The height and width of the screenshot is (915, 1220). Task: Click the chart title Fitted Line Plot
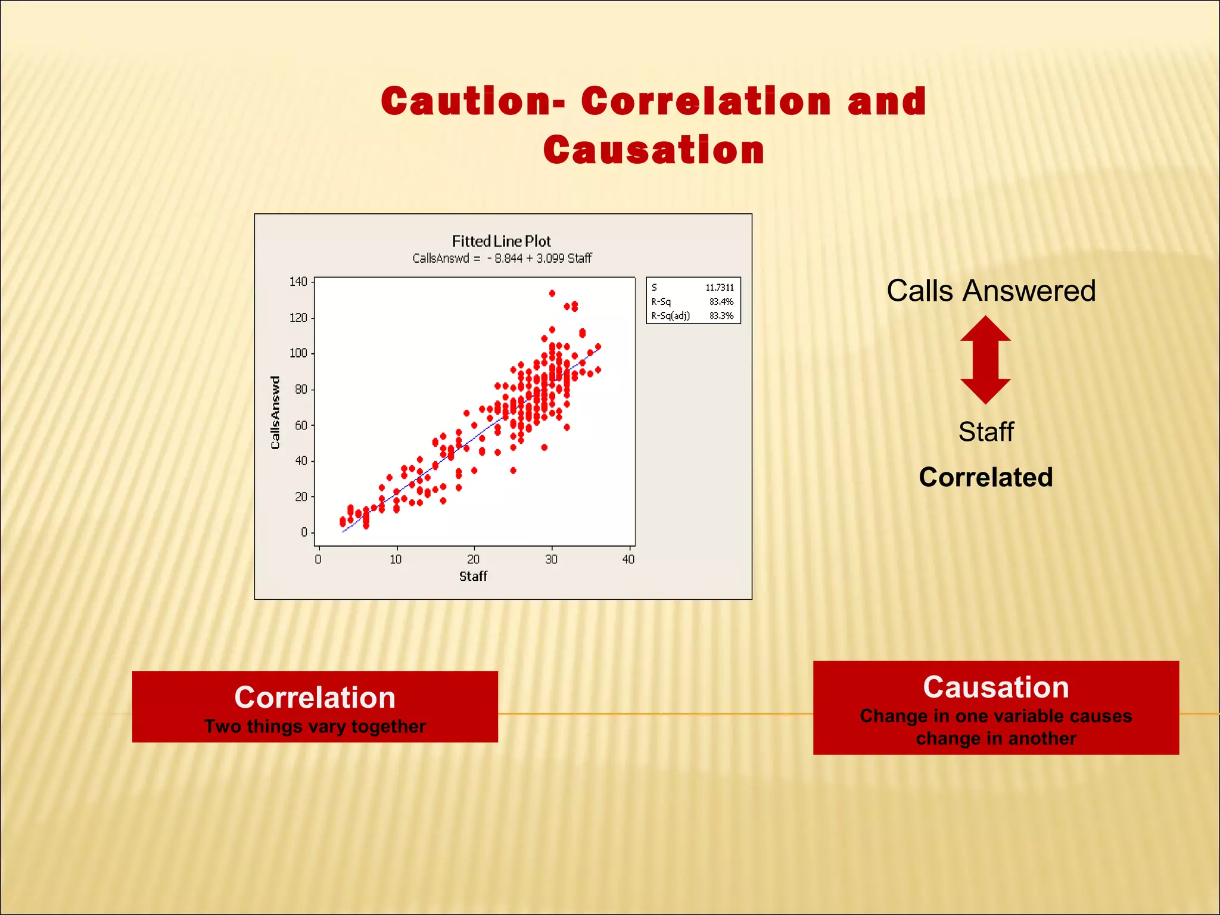pyautogui.click(x=501, y=241)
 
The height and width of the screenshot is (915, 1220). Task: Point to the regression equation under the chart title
pyautogui.click(x=502, y=259)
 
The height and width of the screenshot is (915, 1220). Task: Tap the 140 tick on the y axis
pyautogui.click(x=298, y=282)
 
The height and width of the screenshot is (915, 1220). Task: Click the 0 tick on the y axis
pyautogui.click(x=304, y=532)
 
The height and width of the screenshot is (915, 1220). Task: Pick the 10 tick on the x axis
pyautogui.click(x=396, y=559)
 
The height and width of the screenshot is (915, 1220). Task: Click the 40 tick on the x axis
pyautogui.click(x=628, y=559)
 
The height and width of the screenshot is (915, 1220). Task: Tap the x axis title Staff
pyautogui.click(x=473, y=576)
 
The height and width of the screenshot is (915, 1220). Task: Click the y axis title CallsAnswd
pyautogui.click(x=275, y=412)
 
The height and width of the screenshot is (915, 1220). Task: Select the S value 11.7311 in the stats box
pyautogui.click(x=720, y=288)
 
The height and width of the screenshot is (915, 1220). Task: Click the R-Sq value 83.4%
pyautogui.click(x=721, y=302)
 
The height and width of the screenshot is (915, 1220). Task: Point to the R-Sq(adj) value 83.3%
pyautogui.click(x=721, y=316)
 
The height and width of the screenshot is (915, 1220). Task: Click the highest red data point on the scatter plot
pyautogui.click(x=552, y=293)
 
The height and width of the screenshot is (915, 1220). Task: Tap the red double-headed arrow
pyautogui.click(x=985, y=360)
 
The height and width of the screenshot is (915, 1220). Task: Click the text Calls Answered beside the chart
pyautogui.click(x=991, y=291)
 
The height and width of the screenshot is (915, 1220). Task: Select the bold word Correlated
pyautogui.click(x=985, y=477)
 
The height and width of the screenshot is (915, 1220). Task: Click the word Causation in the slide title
pyautogui.click(x=653, y=150)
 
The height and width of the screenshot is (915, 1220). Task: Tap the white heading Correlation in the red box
pyautogui.click(x=315, y=698)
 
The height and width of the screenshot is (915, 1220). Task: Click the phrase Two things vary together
pyautogui.click(x=315, y=727)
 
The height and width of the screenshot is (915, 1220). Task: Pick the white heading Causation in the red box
pyautogui.click(x=995, y=687)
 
